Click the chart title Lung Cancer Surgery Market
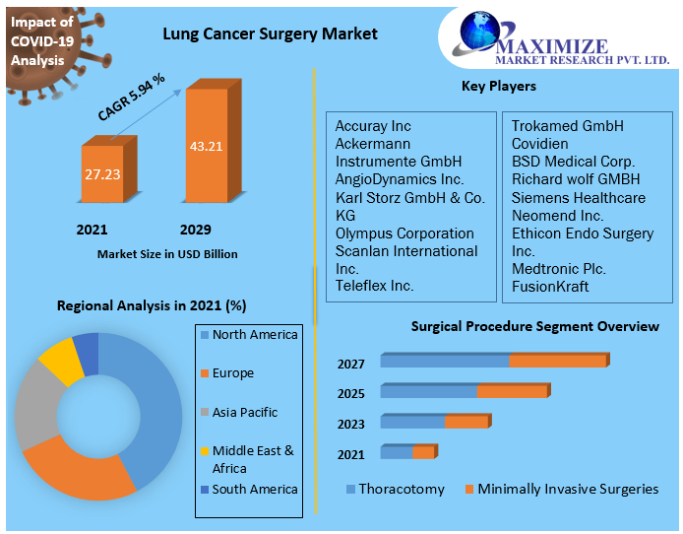(x=269, y=34)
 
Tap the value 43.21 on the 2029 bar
(x=206, y=147)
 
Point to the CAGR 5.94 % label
(x=131, y=97)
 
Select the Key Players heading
(x=498, y=87)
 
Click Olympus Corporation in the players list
(x=404, y=234)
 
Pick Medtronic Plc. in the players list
(x=558, y=268)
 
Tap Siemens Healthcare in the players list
(x=578, y=197)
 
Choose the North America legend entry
(x=254, y=335)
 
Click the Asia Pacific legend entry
(x=244, y=412)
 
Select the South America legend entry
(x=254, y=489)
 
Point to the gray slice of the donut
(x=37, y=404)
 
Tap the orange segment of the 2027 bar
(x=557, y=361)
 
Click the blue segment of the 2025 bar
(x=428, y=391)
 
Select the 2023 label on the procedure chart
(x=351, y=424)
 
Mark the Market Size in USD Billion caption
(x=167, y=254)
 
